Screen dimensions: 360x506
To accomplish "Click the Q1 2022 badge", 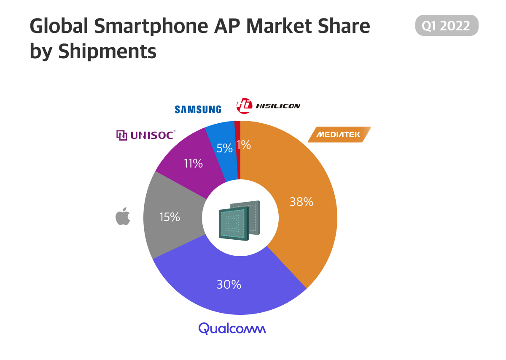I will click(x=447, y=25).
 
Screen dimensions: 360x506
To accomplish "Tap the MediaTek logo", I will click(x=339, y=135).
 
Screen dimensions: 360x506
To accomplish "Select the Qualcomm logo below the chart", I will click(x=232, y=328).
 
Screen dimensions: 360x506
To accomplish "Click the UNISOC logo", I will click(x=145, y=135).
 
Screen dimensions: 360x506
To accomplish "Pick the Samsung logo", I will click(x=198, y=109).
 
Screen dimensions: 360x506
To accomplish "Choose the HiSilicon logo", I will click(x=268, y=106).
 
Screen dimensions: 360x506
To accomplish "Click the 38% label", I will click(x=301, y=202).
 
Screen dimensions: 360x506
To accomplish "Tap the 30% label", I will click(x=229, y=284).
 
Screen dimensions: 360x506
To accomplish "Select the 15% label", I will click(x=170, y=217).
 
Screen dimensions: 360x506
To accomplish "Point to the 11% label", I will click(x=193, y=163).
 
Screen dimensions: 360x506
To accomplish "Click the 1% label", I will click(x=244, y=145).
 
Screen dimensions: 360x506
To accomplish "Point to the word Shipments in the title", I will click(x=107, y=51).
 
